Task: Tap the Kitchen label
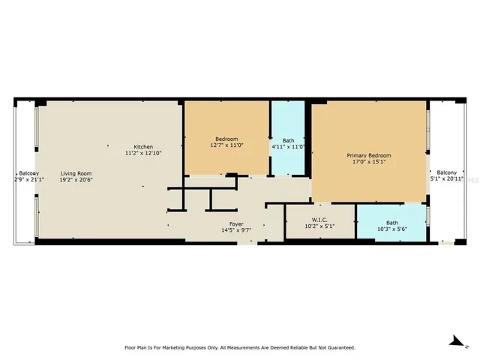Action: tap(143, 145)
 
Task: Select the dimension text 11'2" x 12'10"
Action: tap(143, 153)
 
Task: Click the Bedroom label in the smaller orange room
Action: tap(226, 139)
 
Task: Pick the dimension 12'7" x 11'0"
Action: tap(226, 146)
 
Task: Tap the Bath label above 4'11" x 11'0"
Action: tap(288, 140)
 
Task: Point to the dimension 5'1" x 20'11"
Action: tap(448, 178)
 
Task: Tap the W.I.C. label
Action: tap(320, 219)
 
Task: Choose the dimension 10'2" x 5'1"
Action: tap(320, 226)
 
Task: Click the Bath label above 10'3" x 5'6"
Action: tap(391, 222)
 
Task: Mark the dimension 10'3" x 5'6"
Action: tap(391, 229)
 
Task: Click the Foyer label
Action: tap(235, 223)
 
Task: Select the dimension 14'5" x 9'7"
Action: tap(235, 231)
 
